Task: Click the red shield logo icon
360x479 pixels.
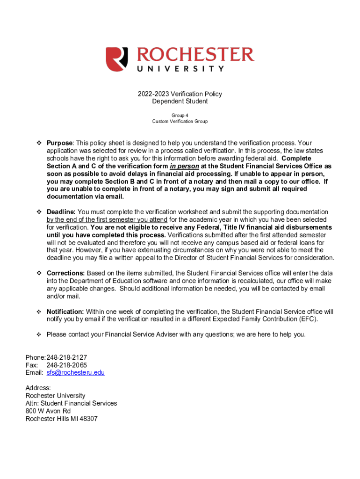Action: pos(116,59)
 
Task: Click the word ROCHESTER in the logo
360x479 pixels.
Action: pos(195,55)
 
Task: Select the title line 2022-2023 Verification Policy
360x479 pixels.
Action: pos(180,94)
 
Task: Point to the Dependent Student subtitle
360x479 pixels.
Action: pos(180,102)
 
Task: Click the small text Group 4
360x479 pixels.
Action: pos(180,115)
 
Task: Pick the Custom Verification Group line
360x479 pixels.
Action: pos(180,122)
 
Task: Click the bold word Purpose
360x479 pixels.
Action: pos(59,143)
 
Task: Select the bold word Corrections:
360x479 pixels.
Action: pos(65,273)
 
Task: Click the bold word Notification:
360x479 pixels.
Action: pos(65,312)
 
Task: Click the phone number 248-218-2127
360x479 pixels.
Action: pos(67,357)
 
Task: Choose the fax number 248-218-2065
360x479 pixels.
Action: pos(67,365)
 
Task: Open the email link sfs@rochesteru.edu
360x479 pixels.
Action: pos(75,373)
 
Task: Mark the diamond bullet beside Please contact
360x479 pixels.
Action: pos(39,335)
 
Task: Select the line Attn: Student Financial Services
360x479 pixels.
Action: pos(71,403)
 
